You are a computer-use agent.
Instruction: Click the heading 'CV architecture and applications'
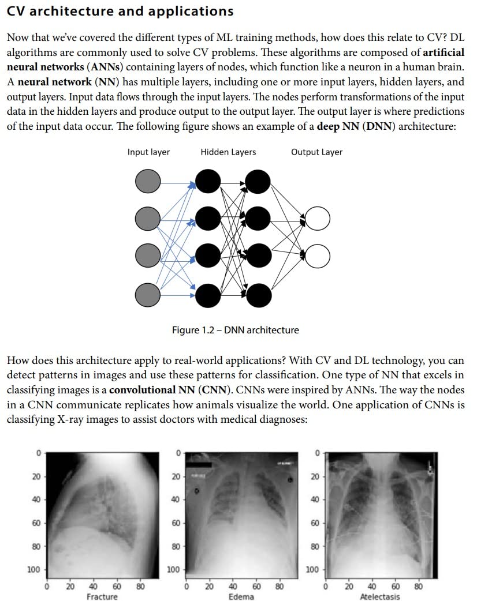pyautogui.click(x=120, y=11)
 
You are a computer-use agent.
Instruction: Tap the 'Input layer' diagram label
pyautogui.click(x=148, y=152)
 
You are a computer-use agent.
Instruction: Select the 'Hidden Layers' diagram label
pyautogui.click(x=228, y=152)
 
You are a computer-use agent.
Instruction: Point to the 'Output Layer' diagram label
pyautogui.click(x=316, y=152)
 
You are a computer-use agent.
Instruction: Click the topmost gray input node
pyautogui.click(x=147, y=183)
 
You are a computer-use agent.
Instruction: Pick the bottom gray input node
pyautogui.click(x=147, y=295)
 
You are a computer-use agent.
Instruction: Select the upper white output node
pyautogui.click(x=317, y=219)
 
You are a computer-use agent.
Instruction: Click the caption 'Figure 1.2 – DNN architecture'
pyautogui.click(x=236, y=330)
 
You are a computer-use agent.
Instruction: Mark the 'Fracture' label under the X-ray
pyautogui.click(x=102, y=596)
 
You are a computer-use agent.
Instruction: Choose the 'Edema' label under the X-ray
pyautogui.click(x=241, y=596)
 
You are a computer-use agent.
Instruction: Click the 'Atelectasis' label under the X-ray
pyautogui.click(x=379, y=596)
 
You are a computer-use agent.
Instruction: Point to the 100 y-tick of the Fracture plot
pyautogui.click(x=33, y=570)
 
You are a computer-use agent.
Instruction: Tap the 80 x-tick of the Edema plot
pyautogui.click(x=279, y=587)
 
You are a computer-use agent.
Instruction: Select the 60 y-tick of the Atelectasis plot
pyautogui.click(x=315, y=523)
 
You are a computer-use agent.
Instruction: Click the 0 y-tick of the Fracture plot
pyautogui.click(x=38, y=453)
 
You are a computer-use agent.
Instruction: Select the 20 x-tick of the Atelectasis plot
pyautogui.click(x=349, y=587)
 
